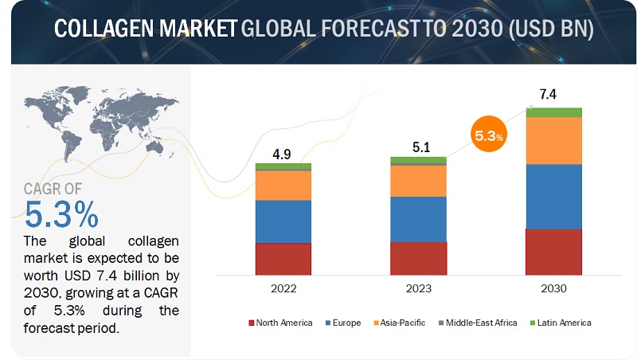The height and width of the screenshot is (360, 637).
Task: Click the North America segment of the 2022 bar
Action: [x=283, y=258]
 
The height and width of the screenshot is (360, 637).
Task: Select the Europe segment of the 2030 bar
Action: [x=553, y=196]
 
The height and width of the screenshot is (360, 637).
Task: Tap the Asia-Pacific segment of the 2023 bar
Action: [x=418, y=180]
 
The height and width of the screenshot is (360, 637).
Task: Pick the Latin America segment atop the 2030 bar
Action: [x=553, y=112]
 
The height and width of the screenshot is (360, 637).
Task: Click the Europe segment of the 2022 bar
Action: [x=283, y=221]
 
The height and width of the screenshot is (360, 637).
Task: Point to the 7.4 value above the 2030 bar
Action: [x=548, y=94]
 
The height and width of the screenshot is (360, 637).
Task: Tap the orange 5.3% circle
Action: [x=487, y=136]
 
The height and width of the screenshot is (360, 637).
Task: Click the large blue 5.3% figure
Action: [x=63, y=215]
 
